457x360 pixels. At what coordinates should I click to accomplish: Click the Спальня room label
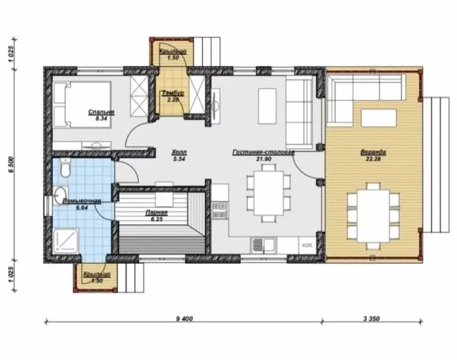pyautogui.click(x=101, y=112)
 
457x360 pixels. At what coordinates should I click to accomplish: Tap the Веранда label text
pyautogui.click(x=373, y=152)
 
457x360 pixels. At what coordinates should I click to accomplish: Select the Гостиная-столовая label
pyautogui.click(x=263, y=152)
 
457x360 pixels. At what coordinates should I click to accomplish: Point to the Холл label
pyautogui.click(x=179, y=152)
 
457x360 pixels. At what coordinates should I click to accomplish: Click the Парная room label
pyautogui.click(x=157, y=213)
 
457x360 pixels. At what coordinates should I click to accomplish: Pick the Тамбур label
pyautogui.click(x=173, y=93)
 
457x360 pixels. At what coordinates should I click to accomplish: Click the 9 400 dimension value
pyautogui.click(x=184, y=318)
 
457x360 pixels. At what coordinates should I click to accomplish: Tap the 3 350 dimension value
pyautogui.click(x=371, y=318)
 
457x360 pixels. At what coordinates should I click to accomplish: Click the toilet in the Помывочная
pyautogui.click(x=65, y=167)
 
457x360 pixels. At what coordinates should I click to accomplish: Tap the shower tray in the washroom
pyautogui.click(x=66, y=240)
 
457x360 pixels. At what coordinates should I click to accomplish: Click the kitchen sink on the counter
pyautogui.click(x=263, y=244)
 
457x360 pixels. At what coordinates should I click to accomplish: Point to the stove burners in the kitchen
pyautogui.click(x=220, y=210)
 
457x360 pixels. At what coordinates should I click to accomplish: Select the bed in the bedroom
pyautogui.click(x=82, y=105)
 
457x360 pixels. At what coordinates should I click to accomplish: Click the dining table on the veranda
pyautogui.click(x=373, y=216)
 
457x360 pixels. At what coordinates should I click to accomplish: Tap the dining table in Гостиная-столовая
pyautogui.click(x=268, y=193)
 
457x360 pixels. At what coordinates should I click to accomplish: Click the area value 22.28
pyautogui.click(x=373, y=159)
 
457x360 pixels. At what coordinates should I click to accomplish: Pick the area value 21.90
pyautogui.click(x=264, y=159)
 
